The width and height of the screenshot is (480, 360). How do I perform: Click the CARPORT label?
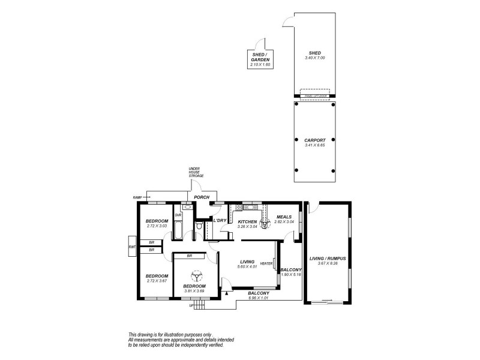pyautogui.click(x=314, y=140)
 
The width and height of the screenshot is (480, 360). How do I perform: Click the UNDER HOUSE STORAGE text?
pyautogui.click(x=196, y=172)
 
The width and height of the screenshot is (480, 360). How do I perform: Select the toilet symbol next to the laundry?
pyautogui.click(x=199, y=226)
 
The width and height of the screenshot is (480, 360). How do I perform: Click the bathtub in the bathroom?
pyautogui.click(x=178, y=229)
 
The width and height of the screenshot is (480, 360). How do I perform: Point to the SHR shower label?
pyautogui.click(x=178, y=215)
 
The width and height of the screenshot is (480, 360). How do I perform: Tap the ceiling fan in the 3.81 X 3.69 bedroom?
pyautogui.click(x=196, y=277)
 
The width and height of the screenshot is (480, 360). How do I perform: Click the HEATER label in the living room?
pyautogui.click(x=266, y=263)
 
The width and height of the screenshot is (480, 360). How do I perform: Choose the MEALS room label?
pyautogui.click(x=284, y=217)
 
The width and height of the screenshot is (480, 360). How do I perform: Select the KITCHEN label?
pyautogui.click(x=247, y=221)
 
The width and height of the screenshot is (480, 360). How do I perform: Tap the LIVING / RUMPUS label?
pyautogui.click(x=328, y=259)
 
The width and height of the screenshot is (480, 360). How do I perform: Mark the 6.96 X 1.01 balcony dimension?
pyautogui.click(x=260, y=298)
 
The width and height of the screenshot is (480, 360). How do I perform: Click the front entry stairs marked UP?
pyautogui.click(x=199, y=304)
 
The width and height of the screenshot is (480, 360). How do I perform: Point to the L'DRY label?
pyautogui.click(x=220, y=221)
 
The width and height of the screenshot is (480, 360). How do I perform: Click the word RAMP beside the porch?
pyautogui.click(x=137, y=197)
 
